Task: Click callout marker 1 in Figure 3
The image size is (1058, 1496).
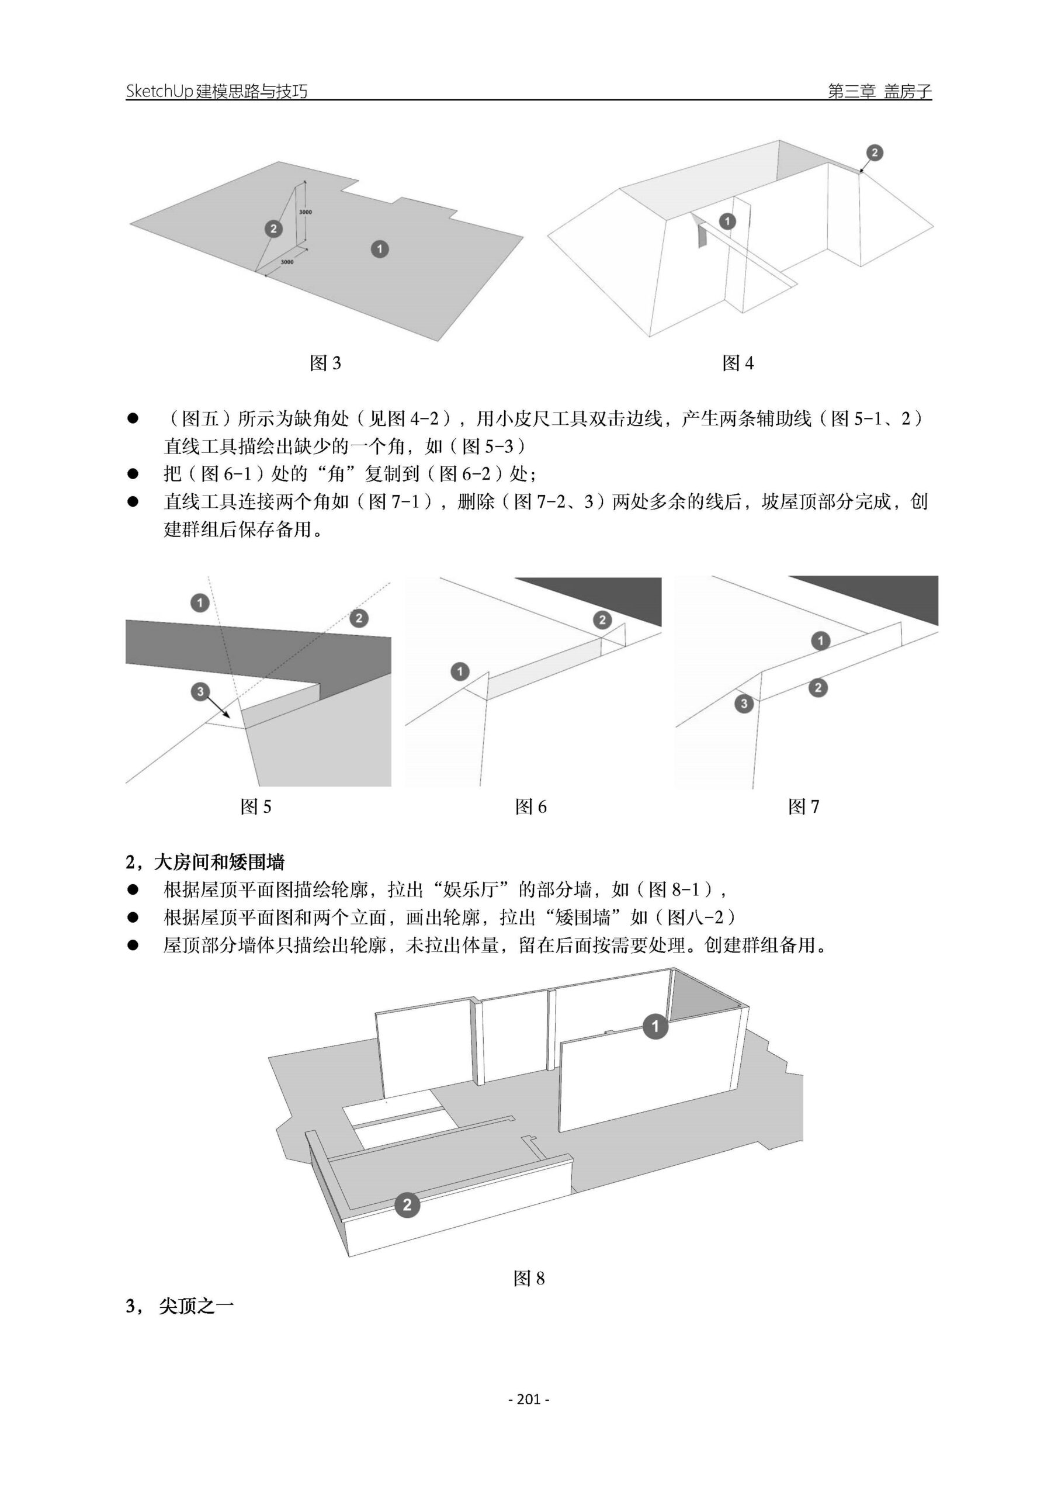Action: point(379,248)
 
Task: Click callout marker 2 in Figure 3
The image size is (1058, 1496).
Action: point(273,228)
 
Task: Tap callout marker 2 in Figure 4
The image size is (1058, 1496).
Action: point(875,153)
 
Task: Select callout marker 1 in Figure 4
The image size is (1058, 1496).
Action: point(727,221)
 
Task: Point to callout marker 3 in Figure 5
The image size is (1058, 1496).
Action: point(200,691)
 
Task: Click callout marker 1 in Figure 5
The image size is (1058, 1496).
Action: point(200,602)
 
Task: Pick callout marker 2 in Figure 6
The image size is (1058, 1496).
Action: point(602,619)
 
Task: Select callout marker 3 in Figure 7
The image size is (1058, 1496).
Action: point(743,703)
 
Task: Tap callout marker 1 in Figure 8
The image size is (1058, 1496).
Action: point(655,1026)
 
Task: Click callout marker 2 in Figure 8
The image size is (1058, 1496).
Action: point(407,1204)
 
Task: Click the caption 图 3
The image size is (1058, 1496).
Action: point(325,363)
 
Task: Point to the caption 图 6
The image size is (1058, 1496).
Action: point(530,807)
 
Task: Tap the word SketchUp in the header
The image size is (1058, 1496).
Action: point(159,91)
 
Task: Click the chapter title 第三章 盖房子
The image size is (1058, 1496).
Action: point(879,91)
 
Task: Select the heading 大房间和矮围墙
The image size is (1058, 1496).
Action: point(219,863)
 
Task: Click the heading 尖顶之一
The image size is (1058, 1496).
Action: point(196,1307)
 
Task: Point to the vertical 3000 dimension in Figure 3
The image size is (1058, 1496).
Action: point(306,212)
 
